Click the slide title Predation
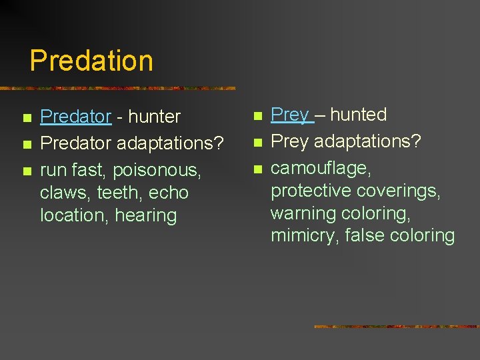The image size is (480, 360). pos(91,60)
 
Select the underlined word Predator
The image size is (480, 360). pos(75,117)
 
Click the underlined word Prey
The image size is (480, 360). pos(290,115)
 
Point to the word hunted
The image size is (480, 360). pos(358,115)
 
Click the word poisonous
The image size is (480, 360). pos(157,171)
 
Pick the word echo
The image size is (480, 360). pos(169,193)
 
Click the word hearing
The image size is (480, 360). pos(145,216)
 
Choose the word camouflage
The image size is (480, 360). pos(321,169)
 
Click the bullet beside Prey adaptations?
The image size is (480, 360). pos(257,143)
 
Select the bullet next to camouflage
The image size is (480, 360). pos(257,169)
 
